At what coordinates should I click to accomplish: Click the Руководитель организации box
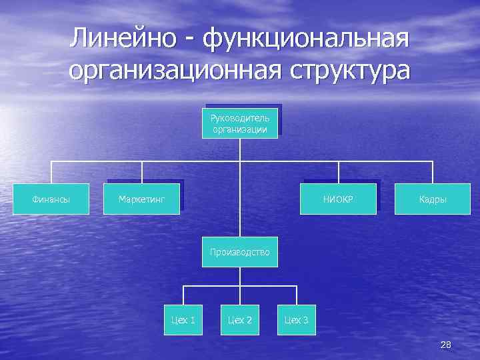coord(240,123)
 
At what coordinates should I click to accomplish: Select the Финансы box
coord(52,199)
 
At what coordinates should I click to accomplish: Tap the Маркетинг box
coord(141,199)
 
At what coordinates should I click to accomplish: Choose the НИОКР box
coord(339,199)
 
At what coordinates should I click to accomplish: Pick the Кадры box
coord(433,199)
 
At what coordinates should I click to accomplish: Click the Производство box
coord(240,252)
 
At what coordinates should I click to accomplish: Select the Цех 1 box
coord(183,320)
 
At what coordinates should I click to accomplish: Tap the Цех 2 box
coord(240,320)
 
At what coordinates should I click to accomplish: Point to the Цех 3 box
coord(297,320)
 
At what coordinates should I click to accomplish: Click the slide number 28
coord(446,344)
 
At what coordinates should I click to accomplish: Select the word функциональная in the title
coord(305,38)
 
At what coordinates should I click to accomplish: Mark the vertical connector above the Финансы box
coord(52,172)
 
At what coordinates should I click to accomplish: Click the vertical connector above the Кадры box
coord(433,172)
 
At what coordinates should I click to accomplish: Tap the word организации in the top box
coord(240,129)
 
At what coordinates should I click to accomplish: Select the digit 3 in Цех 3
coord(305,321)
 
